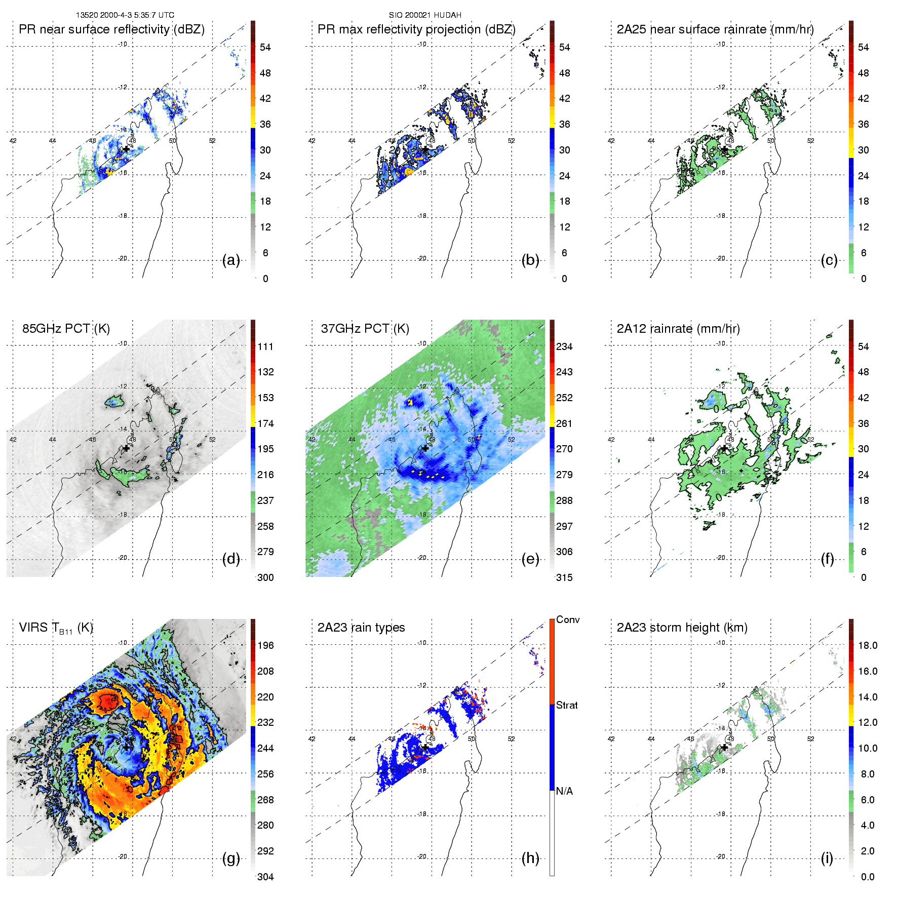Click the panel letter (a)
[x=231, y=260]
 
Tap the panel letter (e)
[x=530, y=559]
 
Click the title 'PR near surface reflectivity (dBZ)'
[x=111, y=29]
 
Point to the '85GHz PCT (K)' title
[x=66, y=329]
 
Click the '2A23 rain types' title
[x=361, y=628]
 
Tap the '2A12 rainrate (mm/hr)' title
[x=678, y=329]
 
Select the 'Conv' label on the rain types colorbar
[x=568, y=619]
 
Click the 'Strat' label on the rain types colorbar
[x=567, y=705]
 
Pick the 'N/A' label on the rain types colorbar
[x=564, y=791]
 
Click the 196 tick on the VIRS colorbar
[x=265, y=645]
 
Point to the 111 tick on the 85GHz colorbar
[x=265, y=346]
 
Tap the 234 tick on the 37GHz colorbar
[x=564, y=346]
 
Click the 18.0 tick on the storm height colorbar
[x=868, y=645]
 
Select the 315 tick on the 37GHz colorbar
[x=564, y=577]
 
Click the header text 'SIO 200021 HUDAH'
[x=425, y=15]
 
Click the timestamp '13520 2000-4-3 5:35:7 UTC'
[x=125, y=15]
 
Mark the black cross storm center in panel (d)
[x=126, y=448]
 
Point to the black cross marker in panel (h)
[x=425, y=747]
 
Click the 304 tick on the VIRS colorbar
[x=265, y=877]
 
